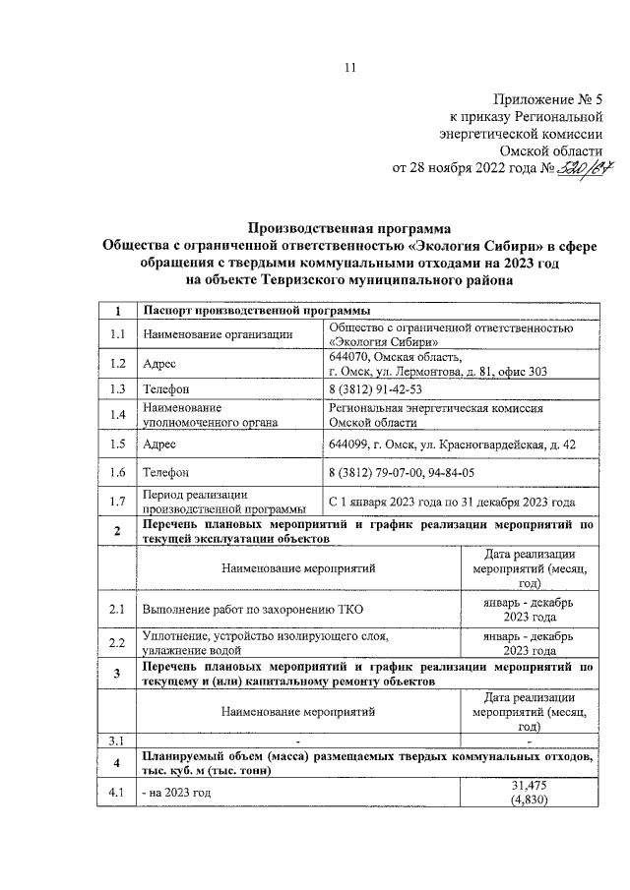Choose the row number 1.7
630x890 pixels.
point(117,502)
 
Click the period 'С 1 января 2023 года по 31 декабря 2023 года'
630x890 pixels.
point(452,502)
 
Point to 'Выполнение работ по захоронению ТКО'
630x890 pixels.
point(252,610)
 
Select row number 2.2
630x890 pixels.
point(117,643)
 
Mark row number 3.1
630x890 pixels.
point(117,741)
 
